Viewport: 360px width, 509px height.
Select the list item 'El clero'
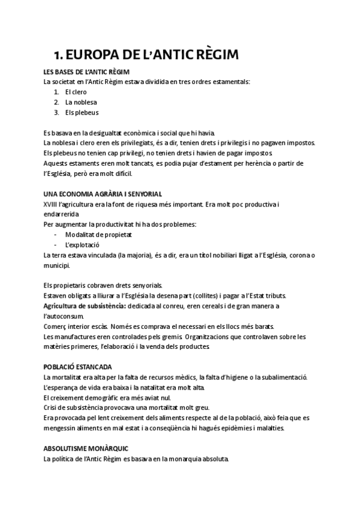pyautogui.click(x=77, y=92)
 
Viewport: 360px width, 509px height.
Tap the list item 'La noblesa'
pyautogui.click(x=81, y=102)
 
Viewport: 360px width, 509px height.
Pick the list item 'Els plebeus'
pyautogui.click(x=82, y=112)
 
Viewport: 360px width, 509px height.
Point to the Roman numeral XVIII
pyautogui.click(x=50, y=204)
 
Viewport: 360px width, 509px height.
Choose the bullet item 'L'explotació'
pyautogui.click(x=82, y=244)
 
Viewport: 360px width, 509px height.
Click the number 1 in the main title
pyautogui.click(x=58, y=55)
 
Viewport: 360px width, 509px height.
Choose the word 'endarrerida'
pyautogui.click(x=61, y=214)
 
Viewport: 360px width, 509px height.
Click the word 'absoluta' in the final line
pyautogui.click(x=214, y=459)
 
